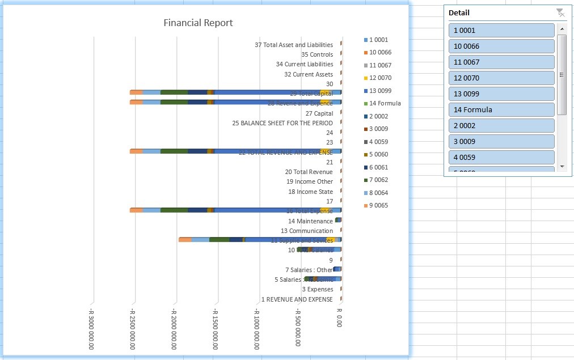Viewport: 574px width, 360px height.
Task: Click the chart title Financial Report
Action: pyautogui.click(x=198, y=23)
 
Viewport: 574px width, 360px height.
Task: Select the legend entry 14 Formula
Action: pyautogui.click(x=385, y=103)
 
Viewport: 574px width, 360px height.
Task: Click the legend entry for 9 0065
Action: pyautogui.click(x=378, y=205)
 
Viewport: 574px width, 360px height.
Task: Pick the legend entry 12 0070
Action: pyautogui.click(x=380, y=78)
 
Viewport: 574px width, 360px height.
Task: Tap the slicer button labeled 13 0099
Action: pyautogui.click(x=501, y=94)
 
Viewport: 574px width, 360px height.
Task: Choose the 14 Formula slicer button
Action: pyautogui.click(x=501, y=110)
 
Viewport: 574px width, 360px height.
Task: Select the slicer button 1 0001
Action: pyautogui.click(x=501, y=31)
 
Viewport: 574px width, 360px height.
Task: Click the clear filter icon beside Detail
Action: pyautogui.click(x=560, y=12)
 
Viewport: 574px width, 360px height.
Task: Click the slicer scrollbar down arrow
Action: pyautogui.click(x=562, y=166)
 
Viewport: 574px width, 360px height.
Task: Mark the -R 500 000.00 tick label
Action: pyautogui.click(x=298, y=327)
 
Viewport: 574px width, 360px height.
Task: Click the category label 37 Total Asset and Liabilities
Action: pyautogui.click(x=294, y=45)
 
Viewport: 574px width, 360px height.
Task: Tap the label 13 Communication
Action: pyautogui.click(x=307, y=231)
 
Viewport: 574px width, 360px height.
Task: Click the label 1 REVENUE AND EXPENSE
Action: pyautogui.click(x=297, y=299)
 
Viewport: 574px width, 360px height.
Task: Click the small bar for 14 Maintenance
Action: pyautogui.click(x=338, y=220)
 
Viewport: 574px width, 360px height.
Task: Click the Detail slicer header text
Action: pyautogui.click(x=459, y=12)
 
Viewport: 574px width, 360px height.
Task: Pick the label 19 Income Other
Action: pyautogui.click(x=310, y=181)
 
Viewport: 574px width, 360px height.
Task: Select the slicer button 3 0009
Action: pyautogui.click(x=501, y=142)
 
